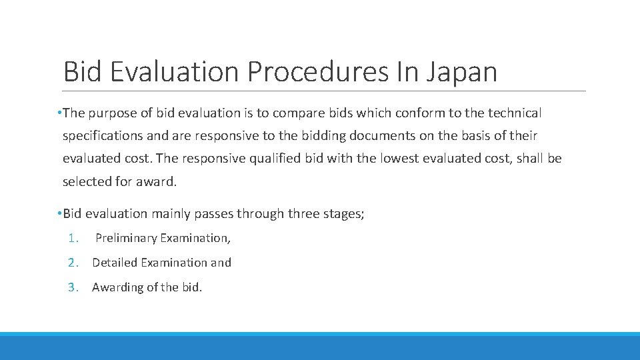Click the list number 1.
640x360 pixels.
[x=73, y=238]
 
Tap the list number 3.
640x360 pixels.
[x=73, y=287]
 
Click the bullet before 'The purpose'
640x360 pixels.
[x=59, y=113]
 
